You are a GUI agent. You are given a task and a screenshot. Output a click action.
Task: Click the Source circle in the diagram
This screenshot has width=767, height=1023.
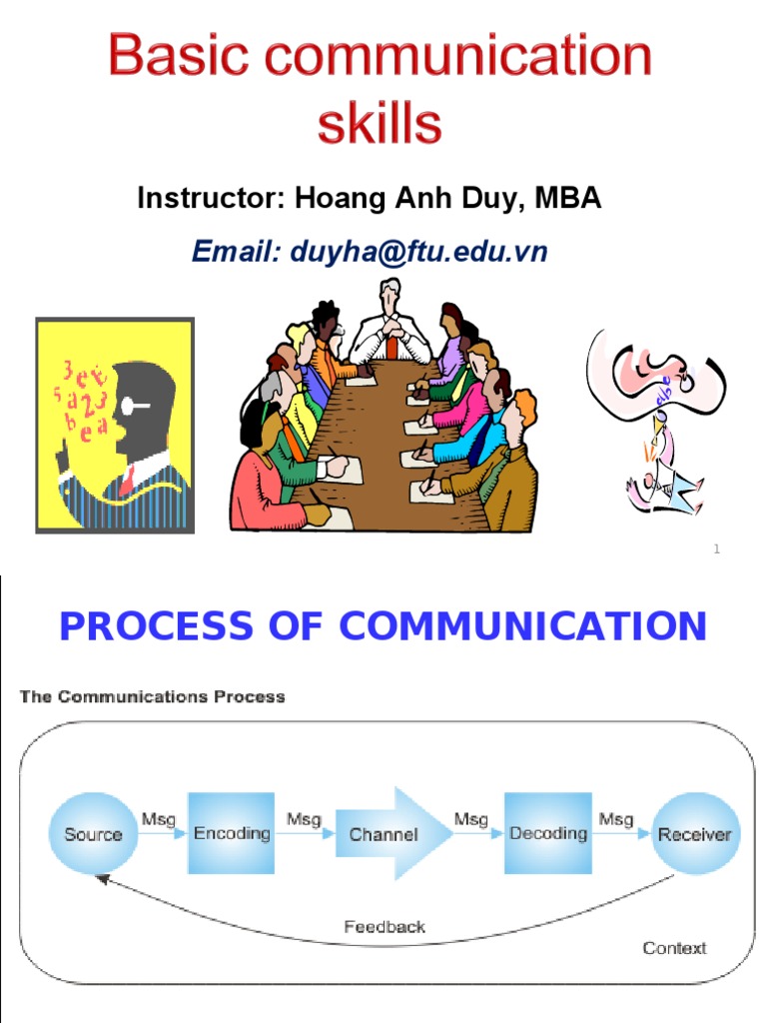[x=93, y=834]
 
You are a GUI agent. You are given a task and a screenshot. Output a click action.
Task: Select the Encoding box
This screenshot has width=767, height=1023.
[x=232, y=833]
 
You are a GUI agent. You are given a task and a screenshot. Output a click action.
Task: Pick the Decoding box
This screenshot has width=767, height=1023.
[x=547, y=833]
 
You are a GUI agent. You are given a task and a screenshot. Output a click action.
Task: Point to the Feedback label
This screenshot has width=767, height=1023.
[x=384, y=926]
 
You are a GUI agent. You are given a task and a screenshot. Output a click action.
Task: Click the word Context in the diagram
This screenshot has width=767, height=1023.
[x=674, y=948]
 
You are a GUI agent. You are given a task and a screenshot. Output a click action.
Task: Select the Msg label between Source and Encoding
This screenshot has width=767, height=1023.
[x=158, y=819]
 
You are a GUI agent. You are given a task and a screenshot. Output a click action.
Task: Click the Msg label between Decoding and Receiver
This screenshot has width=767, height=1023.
[x=615, y=819]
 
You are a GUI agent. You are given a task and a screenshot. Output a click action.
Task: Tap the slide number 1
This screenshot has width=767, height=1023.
[x=716, y=548]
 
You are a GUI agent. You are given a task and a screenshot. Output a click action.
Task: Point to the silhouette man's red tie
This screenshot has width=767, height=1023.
[x=127, y=482]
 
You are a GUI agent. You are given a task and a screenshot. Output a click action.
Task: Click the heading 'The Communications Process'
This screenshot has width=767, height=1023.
[x=153, y=696]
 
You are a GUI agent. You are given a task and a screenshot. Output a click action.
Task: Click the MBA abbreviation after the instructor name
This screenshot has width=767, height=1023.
[x=568, y=198]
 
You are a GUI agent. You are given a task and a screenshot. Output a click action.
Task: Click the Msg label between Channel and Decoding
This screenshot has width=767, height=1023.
[x=470, y=819]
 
